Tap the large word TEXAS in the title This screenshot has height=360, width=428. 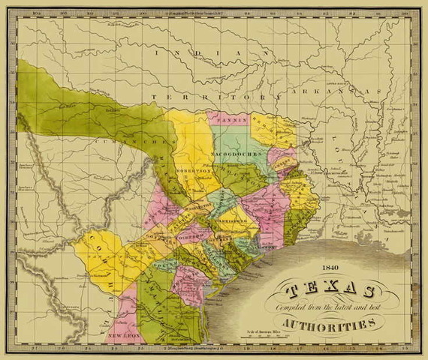pos(330,290)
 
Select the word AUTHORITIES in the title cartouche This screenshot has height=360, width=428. pos(330,324)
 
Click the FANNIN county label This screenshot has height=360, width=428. pos(225,120)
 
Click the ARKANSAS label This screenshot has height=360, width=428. pos(349,91)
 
